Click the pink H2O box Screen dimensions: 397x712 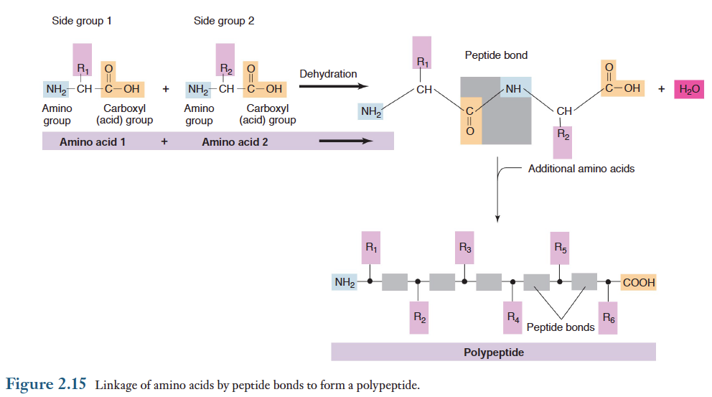689,89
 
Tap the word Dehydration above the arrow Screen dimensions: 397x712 328,74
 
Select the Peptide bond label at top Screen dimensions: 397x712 496,55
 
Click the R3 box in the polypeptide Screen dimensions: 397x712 465,249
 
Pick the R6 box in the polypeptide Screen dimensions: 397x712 609,317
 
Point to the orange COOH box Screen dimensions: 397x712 638,283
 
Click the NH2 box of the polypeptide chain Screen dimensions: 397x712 345,283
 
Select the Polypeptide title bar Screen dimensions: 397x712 493,352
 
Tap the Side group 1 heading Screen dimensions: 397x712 82,21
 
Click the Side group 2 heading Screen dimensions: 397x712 224,21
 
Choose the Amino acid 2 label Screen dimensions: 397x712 235,142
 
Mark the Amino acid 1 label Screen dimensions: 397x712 93,142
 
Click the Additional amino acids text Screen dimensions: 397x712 581,169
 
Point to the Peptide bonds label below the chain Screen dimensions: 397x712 561,327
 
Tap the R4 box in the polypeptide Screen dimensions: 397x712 512,317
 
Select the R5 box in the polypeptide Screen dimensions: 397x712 561,249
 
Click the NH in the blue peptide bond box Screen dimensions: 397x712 513,89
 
